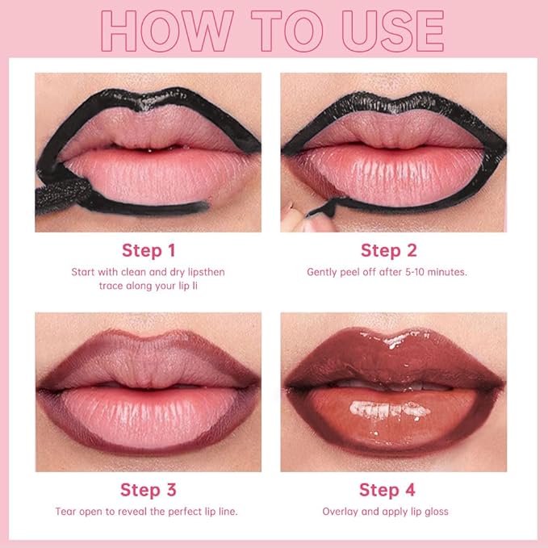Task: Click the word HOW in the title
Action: click(x=165, y=31)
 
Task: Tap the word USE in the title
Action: click(x=386, y=31)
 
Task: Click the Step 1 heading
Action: click(x=149, y=249)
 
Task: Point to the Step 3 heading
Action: click(x=148, y=489)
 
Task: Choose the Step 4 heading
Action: click(x=386, y=489)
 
